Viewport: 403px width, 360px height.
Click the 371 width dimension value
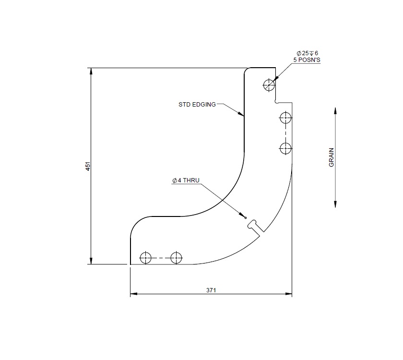211,290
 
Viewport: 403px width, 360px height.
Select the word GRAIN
331,157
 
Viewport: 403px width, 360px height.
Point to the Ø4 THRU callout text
185,181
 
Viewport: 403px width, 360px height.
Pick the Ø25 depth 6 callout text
308,53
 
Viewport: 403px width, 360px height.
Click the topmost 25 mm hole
269,85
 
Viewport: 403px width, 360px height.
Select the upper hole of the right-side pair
285,117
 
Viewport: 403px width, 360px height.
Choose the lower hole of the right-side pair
285,148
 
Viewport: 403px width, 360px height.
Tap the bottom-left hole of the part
145,258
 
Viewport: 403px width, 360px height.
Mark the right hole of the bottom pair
177,258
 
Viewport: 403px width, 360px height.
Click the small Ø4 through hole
246,217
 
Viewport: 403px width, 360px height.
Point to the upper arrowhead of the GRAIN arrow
335,110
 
